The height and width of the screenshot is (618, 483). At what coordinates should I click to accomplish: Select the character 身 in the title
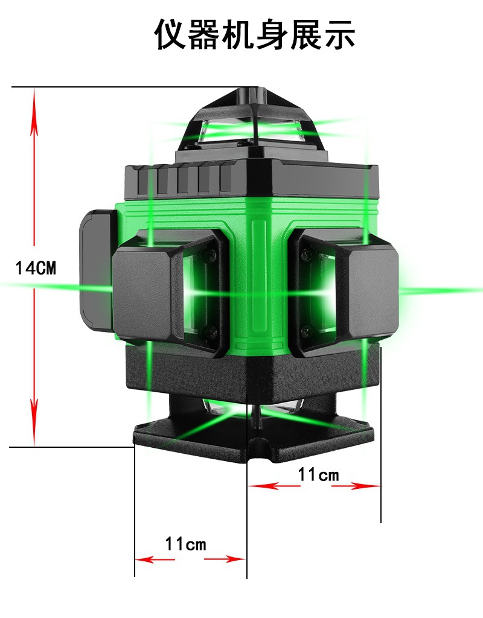tap(272, 34)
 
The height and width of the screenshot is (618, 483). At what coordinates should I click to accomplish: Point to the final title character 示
tap(339, 34)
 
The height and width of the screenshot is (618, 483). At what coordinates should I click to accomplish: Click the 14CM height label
tap(36, 268)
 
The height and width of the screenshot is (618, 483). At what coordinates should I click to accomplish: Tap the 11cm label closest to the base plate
tap(318, 474)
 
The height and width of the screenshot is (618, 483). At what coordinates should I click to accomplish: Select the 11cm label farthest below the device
tap(185, 544)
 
